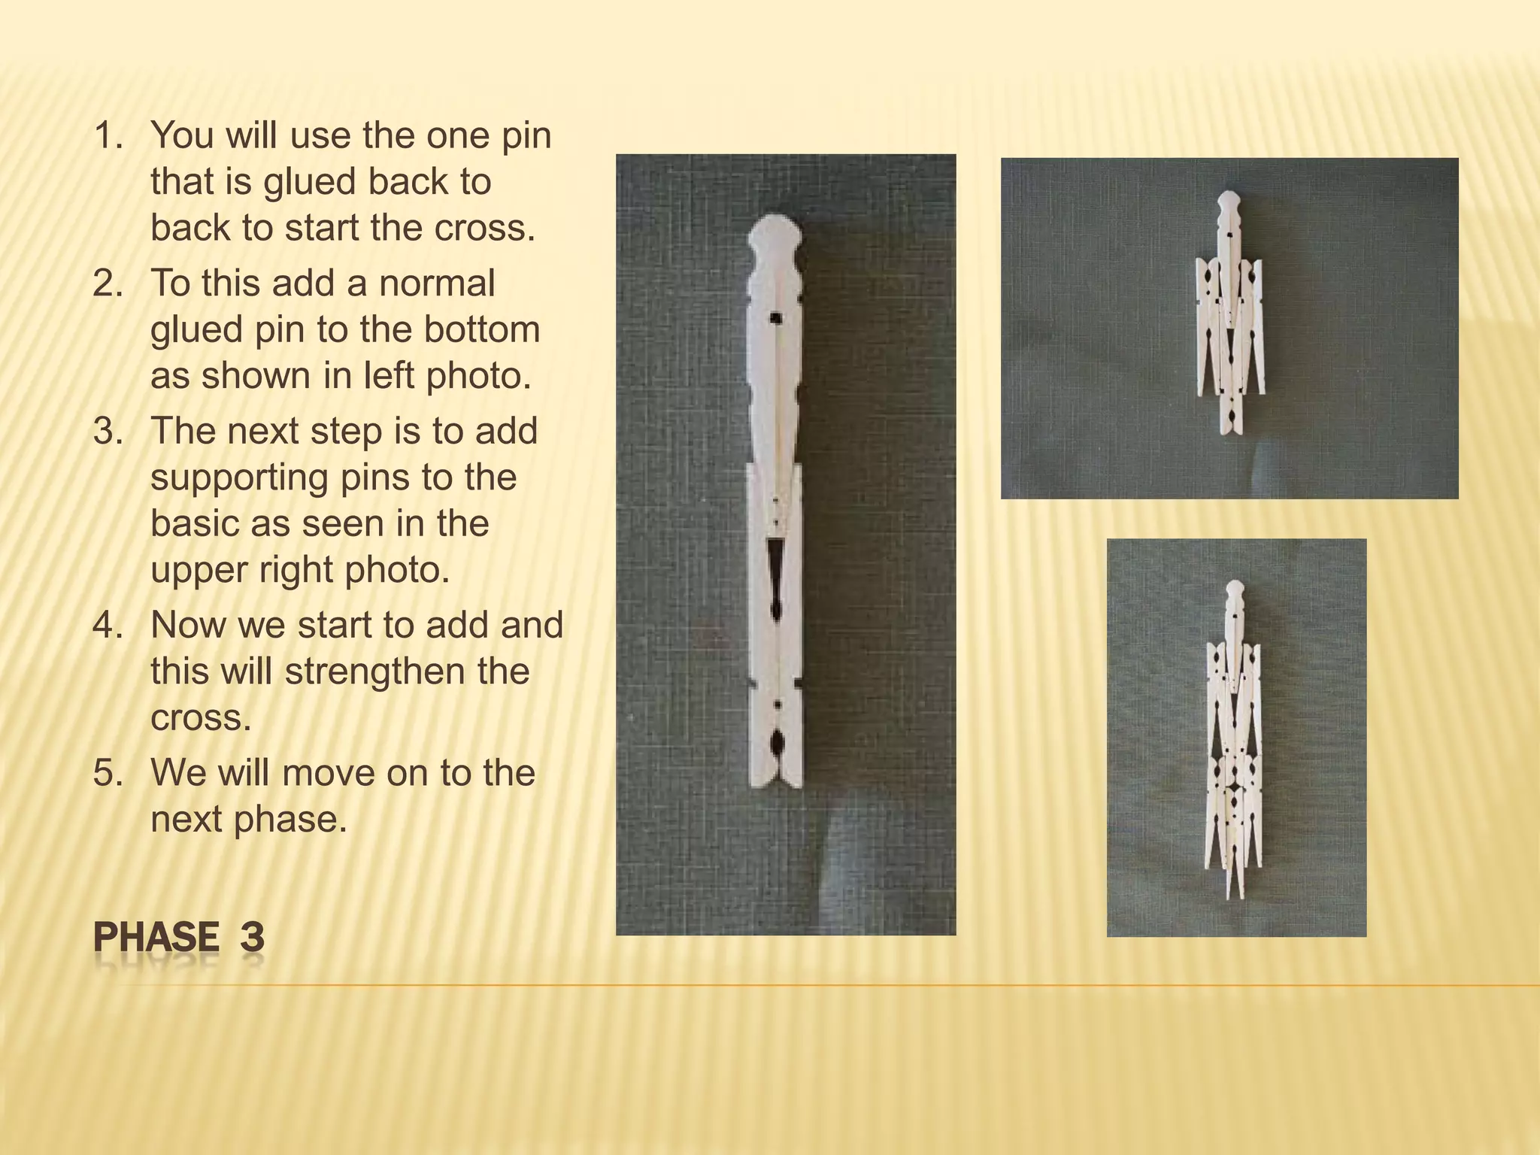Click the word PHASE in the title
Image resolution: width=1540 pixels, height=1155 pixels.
point(156,938)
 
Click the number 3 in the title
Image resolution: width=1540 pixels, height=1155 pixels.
point(253,938)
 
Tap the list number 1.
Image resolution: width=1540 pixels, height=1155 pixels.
point(108,136)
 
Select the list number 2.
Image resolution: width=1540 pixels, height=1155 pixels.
point(108,284)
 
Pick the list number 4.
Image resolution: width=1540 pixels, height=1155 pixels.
point(108,626)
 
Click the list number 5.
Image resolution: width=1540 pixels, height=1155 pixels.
point(108,773)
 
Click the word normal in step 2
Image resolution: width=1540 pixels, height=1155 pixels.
point(437,284)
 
